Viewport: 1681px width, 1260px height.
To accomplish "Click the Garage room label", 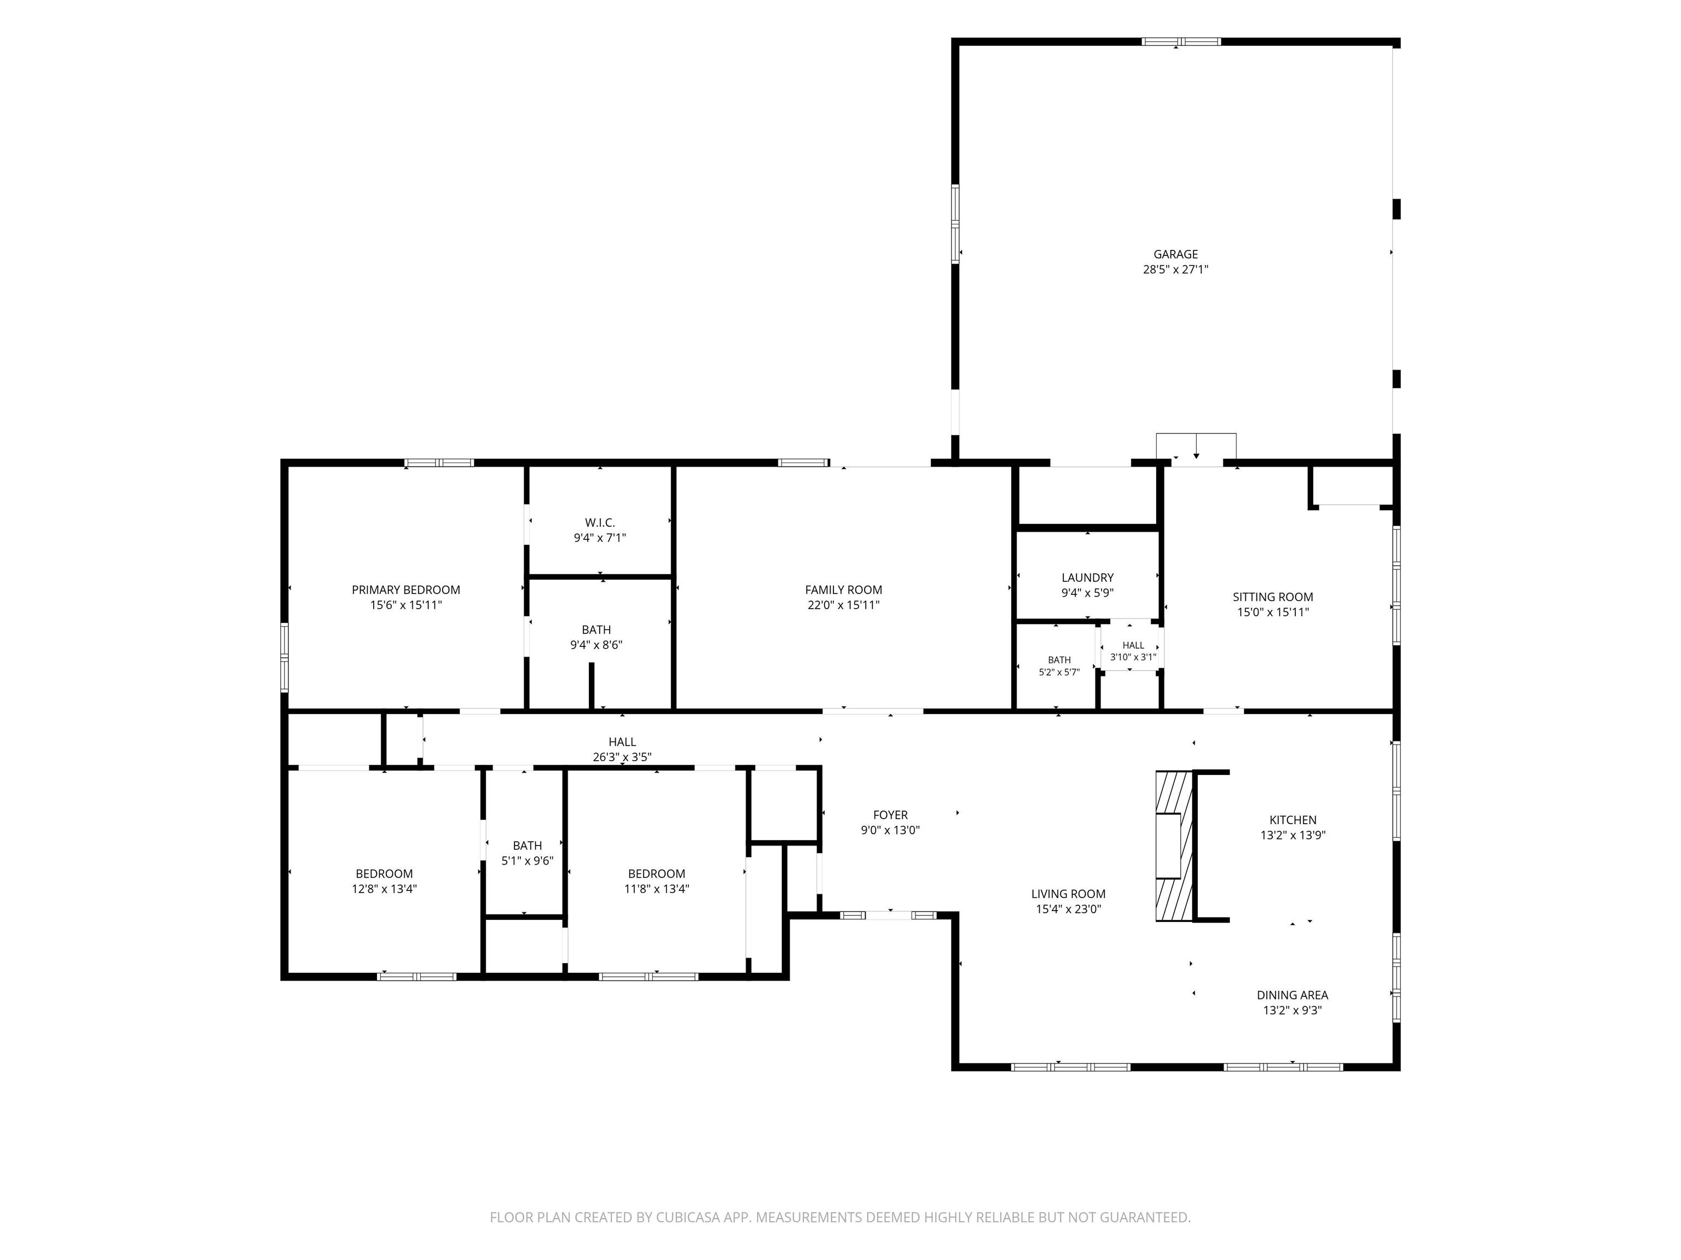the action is (x=1175, y=254).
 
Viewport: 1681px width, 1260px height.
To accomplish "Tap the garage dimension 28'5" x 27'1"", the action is (x=1175, y=270).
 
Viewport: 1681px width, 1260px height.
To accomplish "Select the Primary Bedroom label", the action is (x=406, y=590).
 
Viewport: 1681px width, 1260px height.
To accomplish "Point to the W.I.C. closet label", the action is (x=600, y=522).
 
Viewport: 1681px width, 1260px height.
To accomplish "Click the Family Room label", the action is (x=844, y=590).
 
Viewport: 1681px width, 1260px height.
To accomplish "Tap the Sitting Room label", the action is (x=1273, y=597).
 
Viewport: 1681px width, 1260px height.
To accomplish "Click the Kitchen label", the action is (x=1292, y=820).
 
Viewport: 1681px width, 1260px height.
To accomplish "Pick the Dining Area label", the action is (x=1292, y=995).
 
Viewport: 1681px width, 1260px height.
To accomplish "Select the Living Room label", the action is (x=1069, y=894).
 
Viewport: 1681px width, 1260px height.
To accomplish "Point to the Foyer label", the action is (x=890, y=815).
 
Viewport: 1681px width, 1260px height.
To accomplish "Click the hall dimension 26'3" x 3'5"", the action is (x=622, y=757).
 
